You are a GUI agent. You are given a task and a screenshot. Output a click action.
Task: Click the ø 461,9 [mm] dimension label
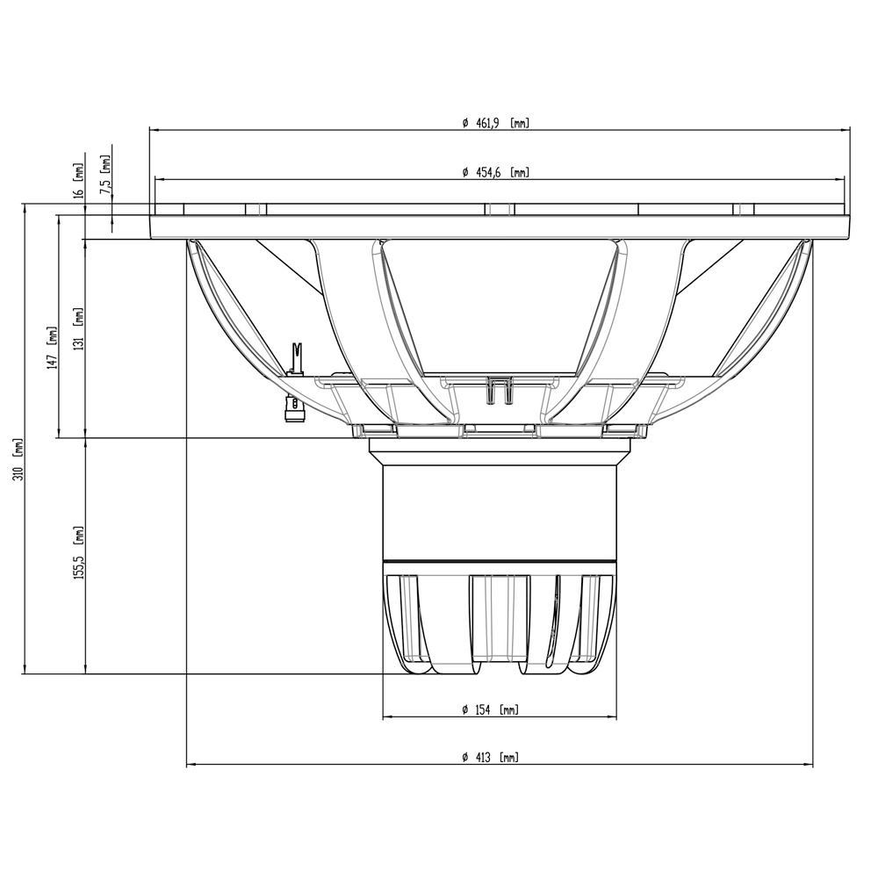point(495,123)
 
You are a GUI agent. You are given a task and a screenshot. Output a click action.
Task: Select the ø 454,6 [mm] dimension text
point(495,172)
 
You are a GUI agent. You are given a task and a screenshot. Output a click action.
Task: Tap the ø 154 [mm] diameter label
point(491,710)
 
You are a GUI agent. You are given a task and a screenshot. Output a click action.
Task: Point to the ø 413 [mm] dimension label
point(491,758)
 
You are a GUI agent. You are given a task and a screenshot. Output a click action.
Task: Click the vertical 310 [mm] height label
point(19,459)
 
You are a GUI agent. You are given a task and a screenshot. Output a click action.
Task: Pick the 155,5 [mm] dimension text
point(78,552)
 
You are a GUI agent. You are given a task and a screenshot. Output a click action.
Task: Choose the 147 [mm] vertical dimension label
point(53,347)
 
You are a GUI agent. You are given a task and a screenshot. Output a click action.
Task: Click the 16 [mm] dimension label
point(78,181)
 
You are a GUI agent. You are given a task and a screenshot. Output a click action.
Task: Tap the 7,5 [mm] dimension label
point(105,175)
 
